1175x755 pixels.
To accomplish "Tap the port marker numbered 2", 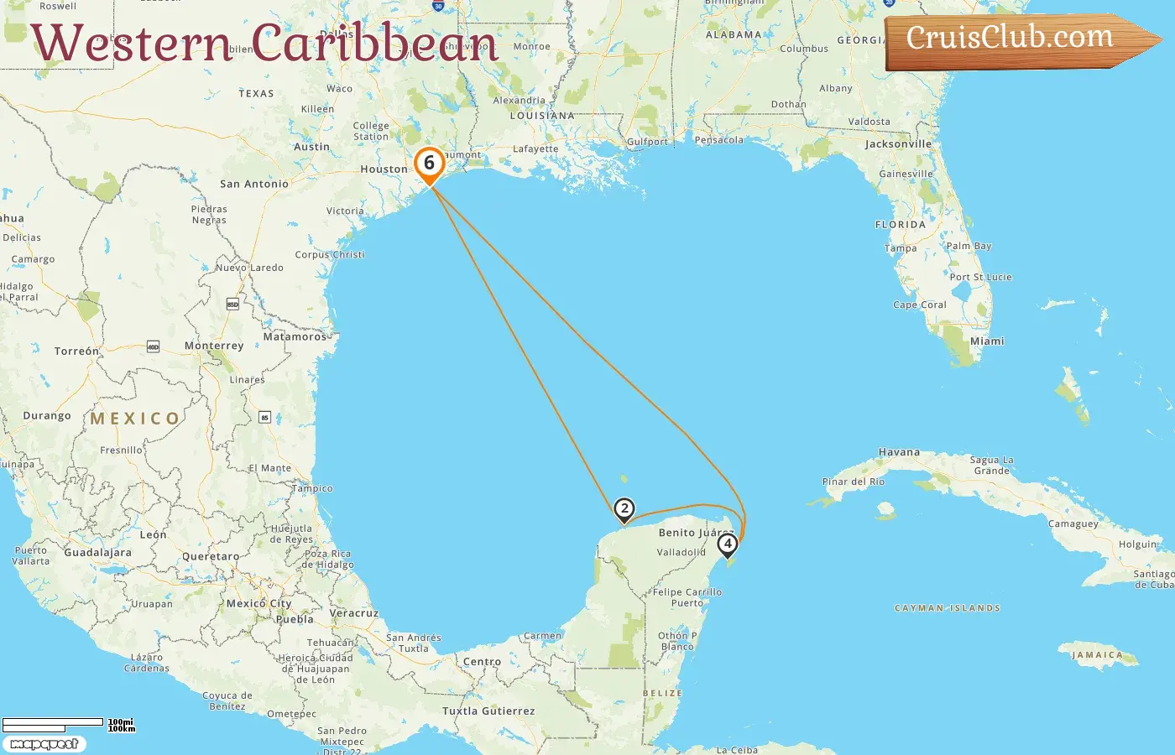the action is (x=624, y=509).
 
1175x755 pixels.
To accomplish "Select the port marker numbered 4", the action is (x=728, y=544).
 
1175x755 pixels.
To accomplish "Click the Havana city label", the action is (x=899, y=452).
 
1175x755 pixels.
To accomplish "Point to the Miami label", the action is (x=987, y=341).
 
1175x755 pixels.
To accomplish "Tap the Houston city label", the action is (x=384, y=169).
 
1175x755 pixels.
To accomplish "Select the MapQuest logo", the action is (x=44, y=744).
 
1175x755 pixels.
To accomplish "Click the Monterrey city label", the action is (x=214, y=346).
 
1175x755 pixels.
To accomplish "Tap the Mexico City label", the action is (x=258, y=603).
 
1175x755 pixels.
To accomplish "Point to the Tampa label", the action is (x=901, y=248).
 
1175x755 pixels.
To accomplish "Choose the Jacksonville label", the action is (x=898, y=144).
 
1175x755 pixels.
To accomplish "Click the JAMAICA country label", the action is (x=1097, y=655).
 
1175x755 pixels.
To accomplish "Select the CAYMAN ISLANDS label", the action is (x=948, y=608).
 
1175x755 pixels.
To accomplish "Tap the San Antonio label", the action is (x=253, y=184).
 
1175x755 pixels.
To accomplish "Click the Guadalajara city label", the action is (x=97, y=553).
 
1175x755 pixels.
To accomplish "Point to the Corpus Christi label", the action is (x=330, y=255).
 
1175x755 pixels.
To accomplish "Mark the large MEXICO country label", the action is (x=135, y=418).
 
